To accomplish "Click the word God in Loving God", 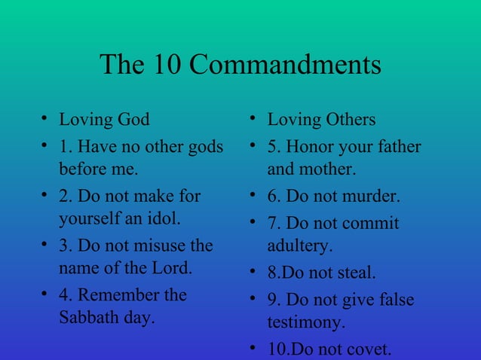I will pos(133,120).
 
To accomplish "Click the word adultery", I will pos(299,246).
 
